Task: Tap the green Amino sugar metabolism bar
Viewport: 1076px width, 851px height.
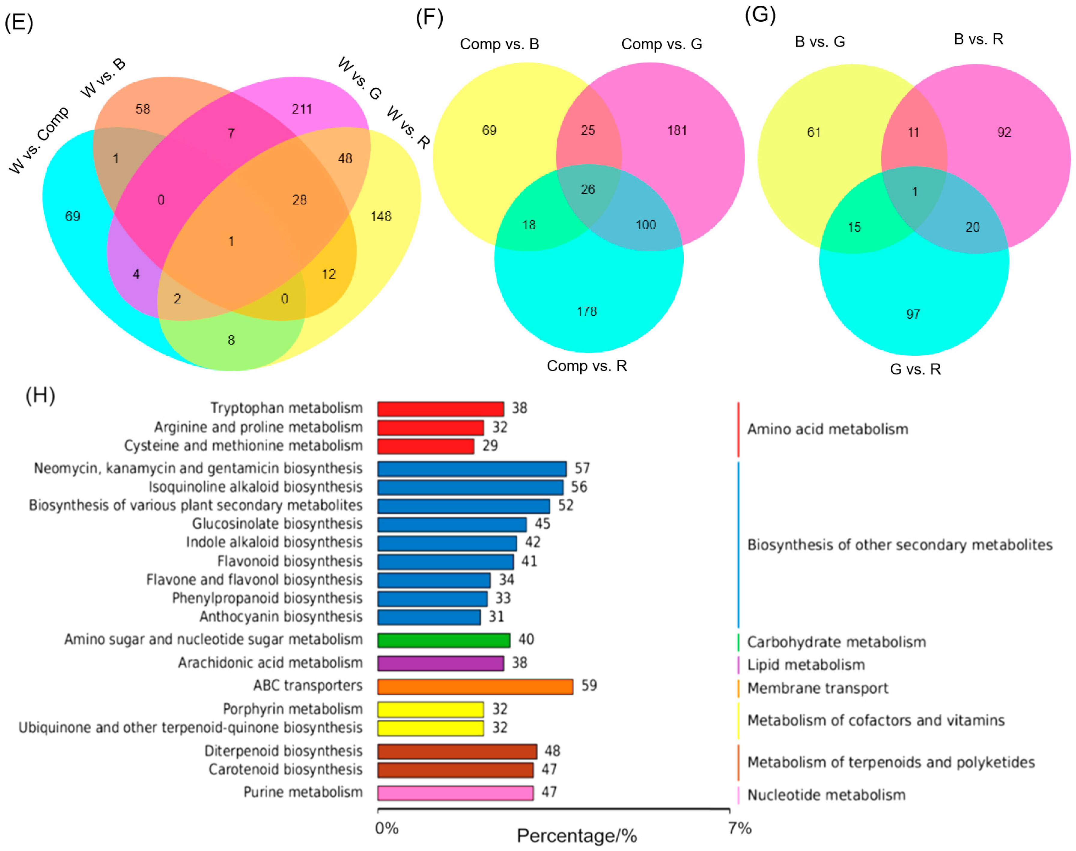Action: [443, 640]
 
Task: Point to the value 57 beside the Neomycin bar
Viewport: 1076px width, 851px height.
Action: [582, 468]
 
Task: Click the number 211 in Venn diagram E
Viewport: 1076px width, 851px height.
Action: [302, 109]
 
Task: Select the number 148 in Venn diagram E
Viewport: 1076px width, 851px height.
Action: [381, 216]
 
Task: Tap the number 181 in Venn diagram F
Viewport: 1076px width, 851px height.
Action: [677, 131]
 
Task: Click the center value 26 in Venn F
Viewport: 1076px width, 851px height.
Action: [588, 189]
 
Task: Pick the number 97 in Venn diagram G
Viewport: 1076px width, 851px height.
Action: [913, 314]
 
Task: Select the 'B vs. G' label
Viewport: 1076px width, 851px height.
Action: [820, 42]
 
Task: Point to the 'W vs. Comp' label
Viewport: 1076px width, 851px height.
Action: [39, 140]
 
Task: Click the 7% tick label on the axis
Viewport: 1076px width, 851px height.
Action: [740, 828]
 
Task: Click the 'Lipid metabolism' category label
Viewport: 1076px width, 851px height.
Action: [806, 665]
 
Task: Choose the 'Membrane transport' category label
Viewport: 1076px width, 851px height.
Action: [817, 688]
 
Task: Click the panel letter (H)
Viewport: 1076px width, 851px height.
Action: [40, 396]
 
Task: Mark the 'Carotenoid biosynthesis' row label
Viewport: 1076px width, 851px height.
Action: [285, 770]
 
